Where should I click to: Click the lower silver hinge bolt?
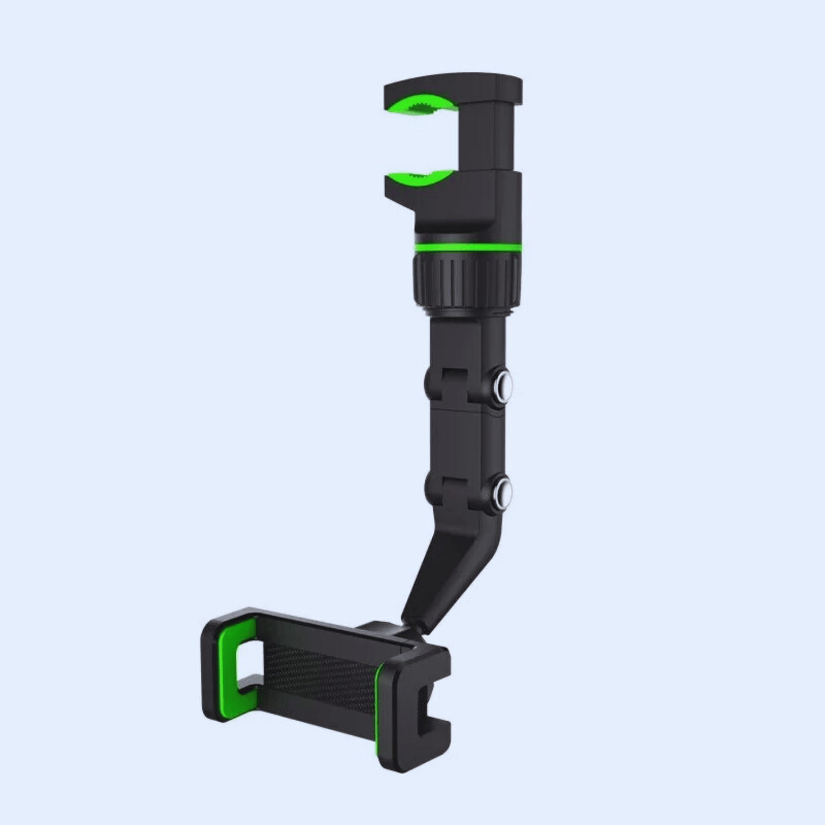point(503,489)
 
